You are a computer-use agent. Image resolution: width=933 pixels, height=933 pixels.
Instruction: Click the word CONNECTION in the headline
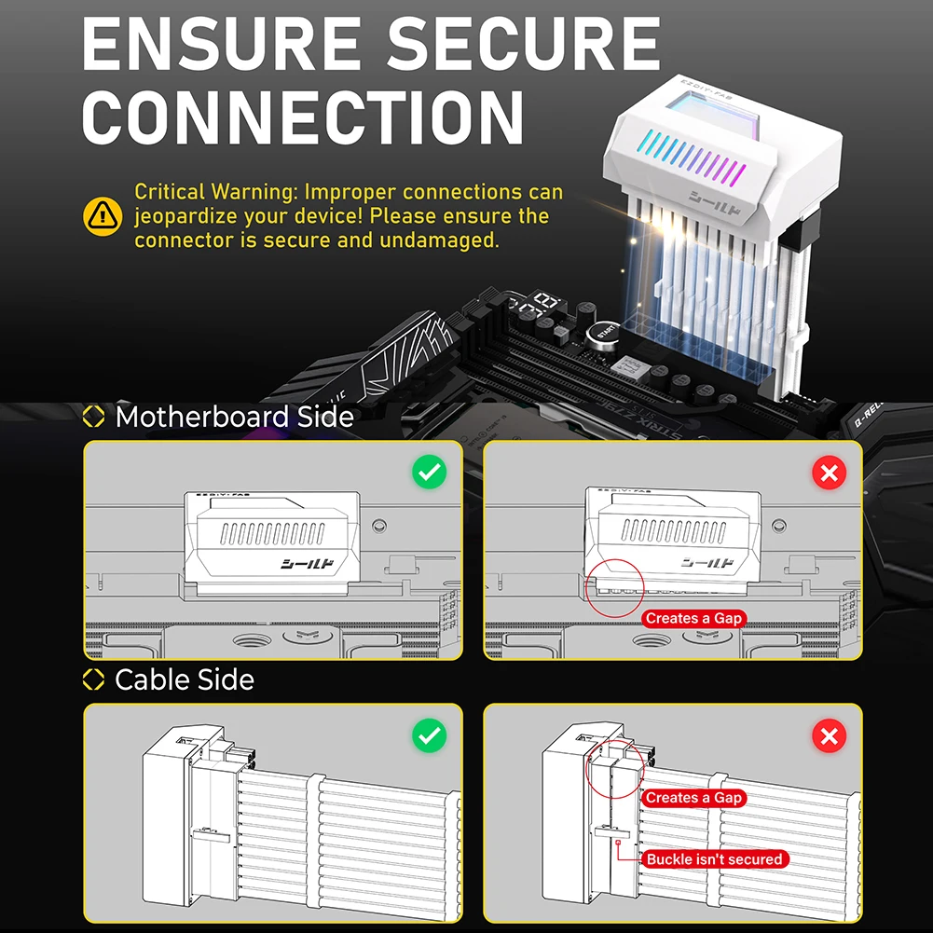pos(304,116)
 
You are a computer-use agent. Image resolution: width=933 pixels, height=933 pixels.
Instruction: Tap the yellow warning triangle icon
pos(103,216)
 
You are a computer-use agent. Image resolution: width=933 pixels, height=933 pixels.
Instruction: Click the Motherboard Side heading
pos(234,417)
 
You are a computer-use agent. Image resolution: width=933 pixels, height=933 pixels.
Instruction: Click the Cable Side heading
pos(184,679)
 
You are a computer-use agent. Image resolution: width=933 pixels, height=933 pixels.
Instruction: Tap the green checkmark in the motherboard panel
pos(429,473)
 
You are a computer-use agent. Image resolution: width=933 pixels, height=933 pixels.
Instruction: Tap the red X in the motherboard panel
pos(828,473)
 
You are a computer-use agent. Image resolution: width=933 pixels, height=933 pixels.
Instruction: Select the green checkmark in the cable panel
pos(429,736)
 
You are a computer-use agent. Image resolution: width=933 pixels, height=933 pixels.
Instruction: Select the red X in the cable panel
pos(828,736)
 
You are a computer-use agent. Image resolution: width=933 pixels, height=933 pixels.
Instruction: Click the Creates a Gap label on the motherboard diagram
pos(694,618)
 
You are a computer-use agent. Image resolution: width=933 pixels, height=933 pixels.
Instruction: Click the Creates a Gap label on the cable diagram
pos(694,798)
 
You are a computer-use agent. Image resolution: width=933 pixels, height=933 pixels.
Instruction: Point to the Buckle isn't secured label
pos(714,859)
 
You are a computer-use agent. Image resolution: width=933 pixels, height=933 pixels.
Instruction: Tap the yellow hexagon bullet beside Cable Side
pos(94,679)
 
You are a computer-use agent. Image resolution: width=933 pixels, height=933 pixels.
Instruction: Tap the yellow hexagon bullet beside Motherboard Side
pos(94,417)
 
